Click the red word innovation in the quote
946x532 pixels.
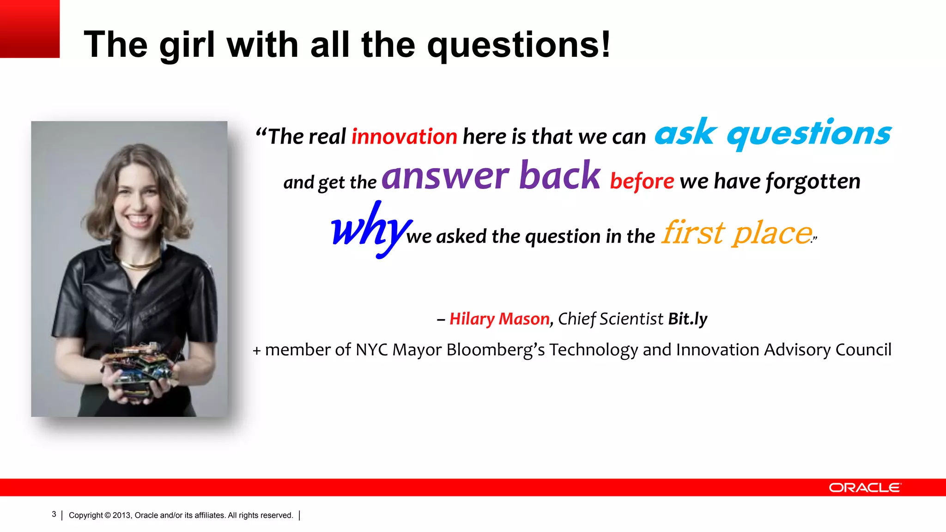pyautogui.click(x=404, y=137)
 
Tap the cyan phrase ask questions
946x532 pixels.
pyautogui.click(x=772, y=133)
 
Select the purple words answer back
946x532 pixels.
pyautogui.click(x=491, y=176)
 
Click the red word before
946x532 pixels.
pyautogui.click(x=642, y=181)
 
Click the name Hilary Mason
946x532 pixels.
pyautogui.click(x=499, y=319)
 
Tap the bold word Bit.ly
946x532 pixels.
pyautogui.click(x=687, y=319)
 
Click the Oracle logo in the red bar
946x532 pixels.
pyautogui.click(x=865, y=488)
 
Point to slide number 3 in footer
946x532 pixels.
pyautogui.click(x=54, y=514)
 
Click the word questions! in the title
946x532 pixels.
pyautogui.click(x=519, y=45)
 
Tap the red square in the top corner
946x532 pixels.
pyautogui.click(x=30, y=29)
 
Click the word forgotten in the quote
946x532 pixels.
pyautogui.click(x=813, y=181)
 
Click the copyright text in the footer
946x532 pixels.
pyautogui.click(x=181, y=515)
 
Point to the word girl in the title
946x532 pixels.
pyautogui.click(x=187, y=45)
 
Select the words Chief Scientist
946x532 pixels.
pyautogui.click(x=610, y=319)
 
